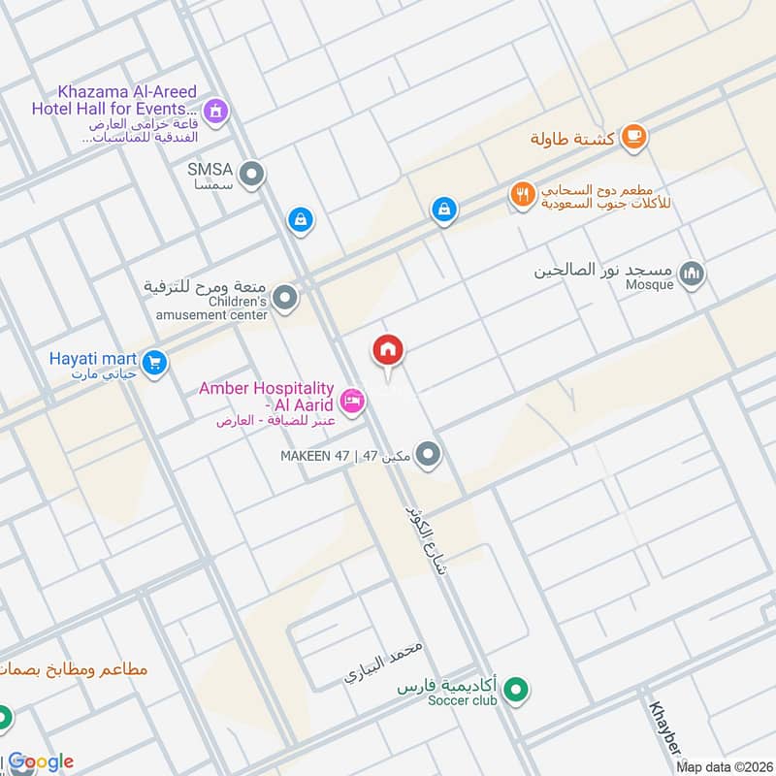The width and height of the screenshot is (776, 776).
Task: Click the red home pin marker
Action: pyautogui.click(x=388, y=350)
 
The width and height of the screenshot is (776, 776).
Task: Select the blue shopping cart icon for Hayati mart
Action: pyautogui.click(x=153, y=364)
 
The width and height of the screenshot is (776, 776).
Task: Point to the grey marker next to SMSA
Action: pyautogui.click(x=251, y=175)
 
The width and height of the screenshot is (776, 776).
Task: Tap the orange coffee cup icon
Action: pyautogui.click(x=634, y=137)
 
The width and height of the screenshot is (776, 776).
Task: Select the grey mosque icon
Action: pyautogui.click(x=691, y=275)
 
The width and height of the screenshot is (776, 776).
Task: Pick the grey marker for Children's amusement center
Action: pyautogui.click(x=284, y=299)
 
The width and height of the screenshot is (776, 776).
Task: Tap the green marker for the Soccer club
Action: pyautogui.click(x=518, y=691)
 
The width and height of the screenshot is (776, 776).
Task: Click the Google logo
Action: pyautogui.click(x=41, y=761)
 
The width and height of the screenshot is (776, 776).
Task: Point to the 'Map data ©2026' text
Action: pyautogui.click(x=724, y=766)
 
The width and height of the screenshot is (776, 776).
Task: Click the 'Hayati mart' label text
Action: pyautogui.click(x=93, y=356)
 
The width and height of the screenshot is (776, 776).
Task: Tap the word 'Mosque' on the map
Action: pyautogui.click(x=650, y=285)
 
